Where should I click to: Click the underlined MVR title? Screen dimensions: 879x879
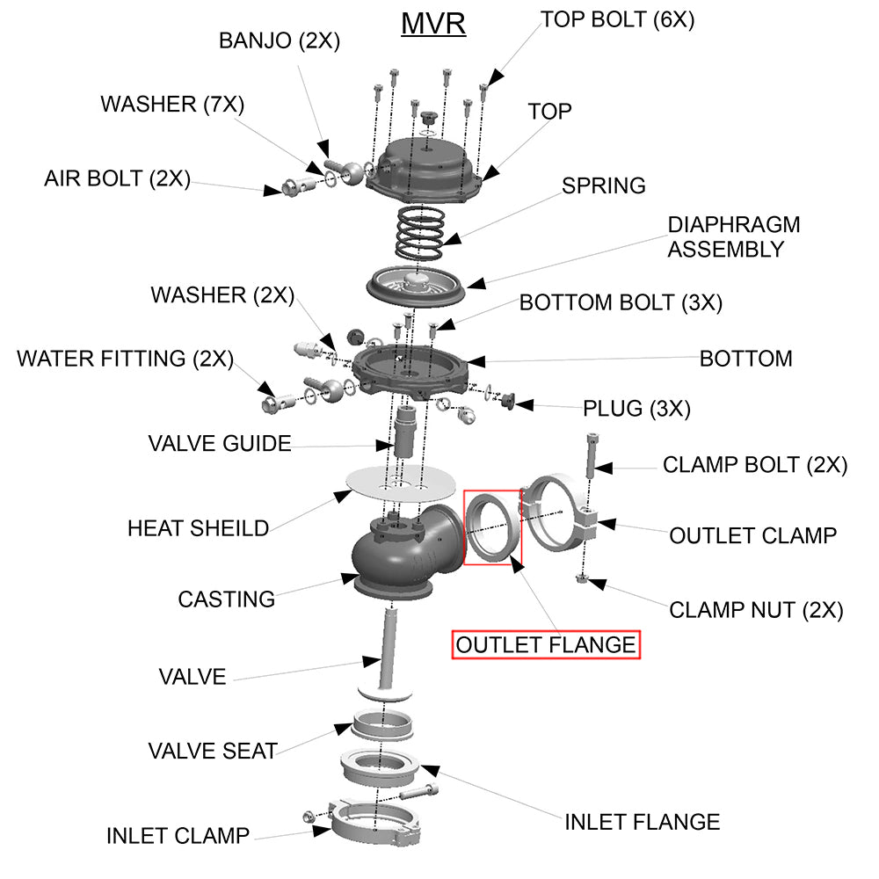(433, 23)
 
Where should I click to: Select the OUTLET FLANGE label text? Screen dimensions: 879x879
(546, 645)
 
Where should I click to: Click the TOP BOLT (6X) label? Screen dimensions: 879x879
(617, 19)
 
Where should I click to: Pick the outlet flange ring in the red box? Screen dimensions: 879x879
(490, 527)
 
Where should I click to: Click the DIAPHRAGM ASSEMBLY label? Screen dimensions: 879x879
(733, 236)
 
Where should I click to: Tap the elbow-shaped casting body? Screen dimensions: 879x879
(400, 554)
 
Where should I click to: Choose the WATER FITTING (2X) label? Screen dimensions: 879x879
(126, 359)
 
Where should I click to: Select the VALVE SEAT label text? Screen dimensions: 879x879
(213, 752)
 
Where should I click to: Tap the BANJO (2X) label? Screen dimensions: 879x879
(279, 40)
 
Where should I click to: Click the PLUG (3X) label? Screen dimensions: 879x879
(636, 409)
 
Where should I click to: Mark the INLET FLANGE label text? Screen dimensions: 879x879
(642, 822)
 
